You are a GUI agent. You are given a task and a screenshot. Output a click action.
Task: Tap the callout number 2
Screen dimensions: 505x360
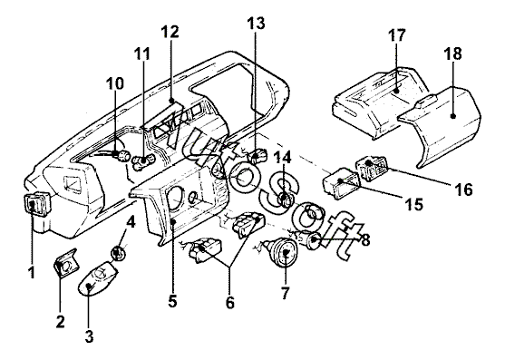point(60,321)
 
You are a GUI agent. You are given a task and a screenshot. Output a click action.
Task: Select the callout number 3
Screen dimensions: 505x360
point(89,336)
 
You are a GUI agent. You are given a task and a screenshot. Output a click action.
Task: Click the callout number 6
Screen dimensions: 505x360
point(230,302)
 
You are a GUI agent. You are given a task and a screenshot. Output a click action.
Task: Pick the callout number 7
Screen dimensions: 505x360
point(285,292)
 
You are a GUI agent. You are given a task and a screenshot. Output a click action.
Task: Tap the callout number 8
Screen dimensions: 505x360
point(365,240)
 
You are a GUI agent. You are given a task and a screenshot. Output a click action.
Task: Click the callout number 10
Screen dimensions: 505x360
point(115,83)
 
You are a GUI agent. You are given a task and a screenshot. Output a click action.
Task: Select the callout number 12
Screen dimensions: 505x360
point(170,32)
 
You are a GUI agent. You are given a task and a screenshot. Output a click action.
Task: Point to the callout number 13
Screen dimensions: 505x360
point(256,23)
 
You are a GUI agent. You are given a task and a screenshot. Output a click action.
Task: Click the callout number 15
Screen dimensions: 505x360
point(413,204)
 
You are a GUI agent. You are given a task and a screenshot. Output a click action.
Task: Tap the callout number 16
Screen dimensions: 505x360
point(463,190)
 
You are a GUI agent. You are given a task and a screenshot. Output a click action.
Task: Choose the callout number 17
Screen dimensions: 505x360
point(396,34)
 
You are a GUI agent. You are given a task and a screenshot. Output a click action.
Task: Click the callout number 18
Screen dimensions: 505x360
point(453,54)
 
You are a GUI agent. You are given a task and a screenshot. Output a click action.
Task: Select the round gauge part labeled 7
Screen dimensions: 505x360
point(284,251)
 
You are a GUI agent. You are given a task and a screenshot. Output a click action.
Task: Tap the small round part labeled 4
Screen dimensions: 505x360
point(118,252)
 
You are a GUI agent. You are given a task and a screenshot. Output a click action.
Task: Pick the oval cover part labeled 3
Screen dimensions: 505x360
point(98,277)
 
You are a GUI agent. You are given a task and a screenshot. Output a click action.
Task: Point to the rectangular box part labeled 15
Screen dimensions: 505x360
point(340,183)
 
